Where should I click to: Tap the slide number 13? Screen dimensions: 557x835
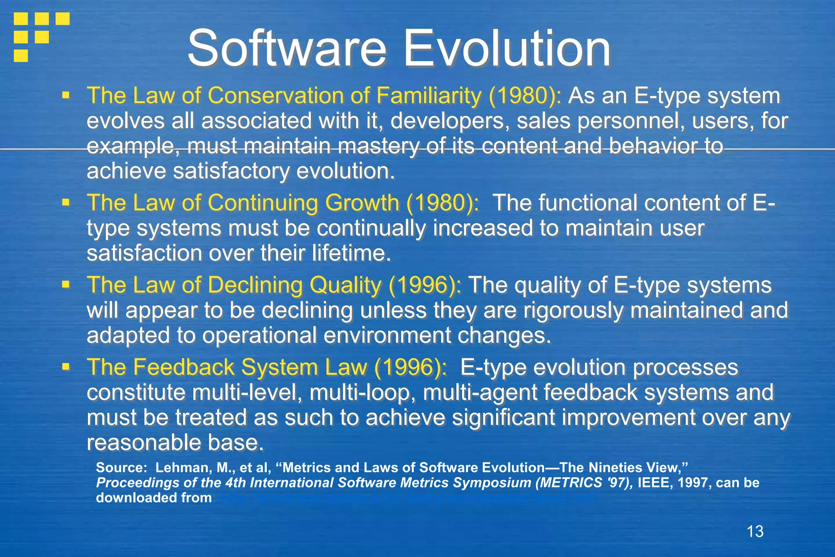(755, 531)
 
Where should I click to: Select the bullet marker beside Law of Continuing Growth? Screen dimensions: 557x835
(65, 202)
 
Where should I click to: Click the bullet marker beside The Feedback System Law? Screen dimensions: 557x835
(65, 367)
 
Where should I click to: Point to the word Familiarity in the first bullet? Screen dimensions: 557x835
(429, 96)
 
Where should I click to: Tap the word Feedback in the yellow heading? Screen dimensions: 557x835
(184, 367)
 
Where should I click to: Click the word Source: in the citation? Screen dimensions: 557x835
(121, 468)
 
